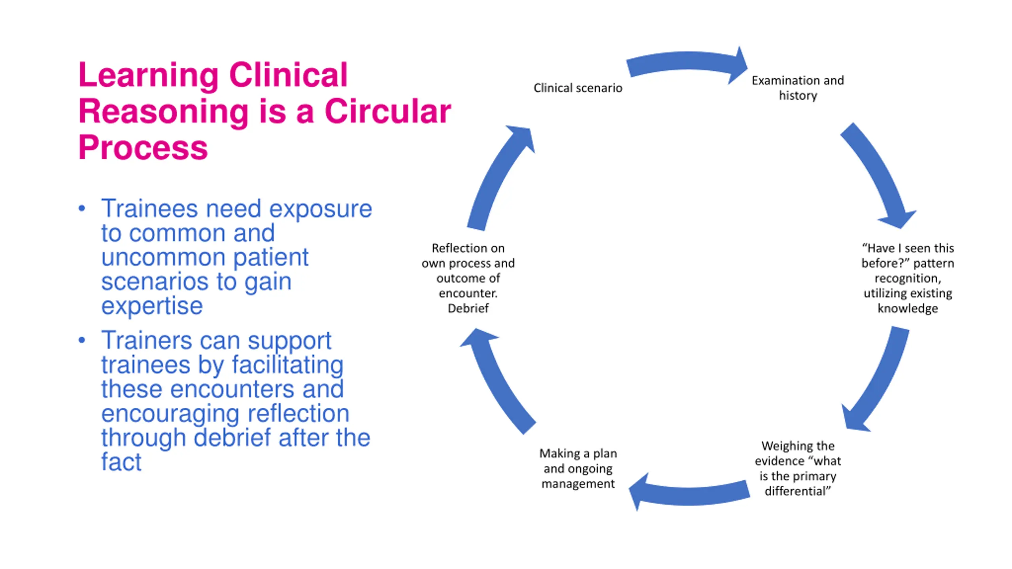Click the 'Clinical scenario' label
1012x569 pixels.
click(x=578, y=88)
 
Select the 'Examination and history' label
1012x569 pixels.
click(x=798, y=88)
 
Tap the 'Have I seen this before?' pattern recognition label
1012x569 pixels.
click(x=908, y=278)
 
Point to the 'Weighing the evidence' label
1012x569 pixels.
click(x=798, y=468)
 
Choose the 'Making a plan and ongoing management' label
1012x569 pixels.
click(x=578, y=468)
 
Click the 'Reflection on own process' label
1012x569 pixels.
click(x=468, y=278)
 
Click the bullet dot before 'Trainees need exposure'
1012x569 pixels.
click(x=82, y=208)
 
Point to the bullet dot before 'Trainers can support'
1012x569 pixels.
click(x=82, y=340)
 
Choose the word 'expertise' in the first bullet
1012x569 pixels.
click(x=152, y=306)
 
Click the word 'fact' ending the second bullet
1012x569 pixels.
click(x=121, y=461)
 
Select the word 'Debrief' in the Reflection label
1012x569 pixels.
click(x=468, y=308)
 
